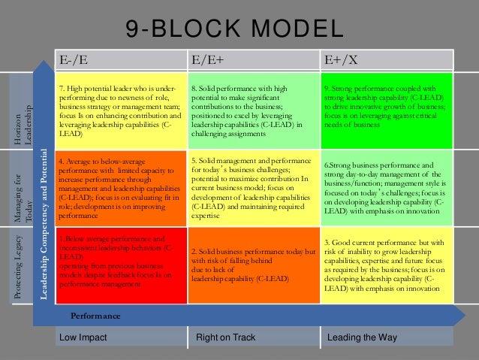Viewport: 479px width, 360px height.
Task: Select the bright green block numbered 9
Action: click(x=387, y=111)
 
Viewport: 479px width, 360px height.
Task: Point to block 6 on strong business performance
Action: click(x=387, y=188)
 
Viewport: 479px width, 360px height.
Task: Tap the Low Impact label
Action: click(x=83, y=338)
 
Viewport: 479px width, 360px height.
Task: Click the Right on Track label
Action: click(x=226, y=338)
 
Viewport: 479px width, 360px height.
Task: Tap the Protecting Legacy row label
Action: click(x=18, y=263)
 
